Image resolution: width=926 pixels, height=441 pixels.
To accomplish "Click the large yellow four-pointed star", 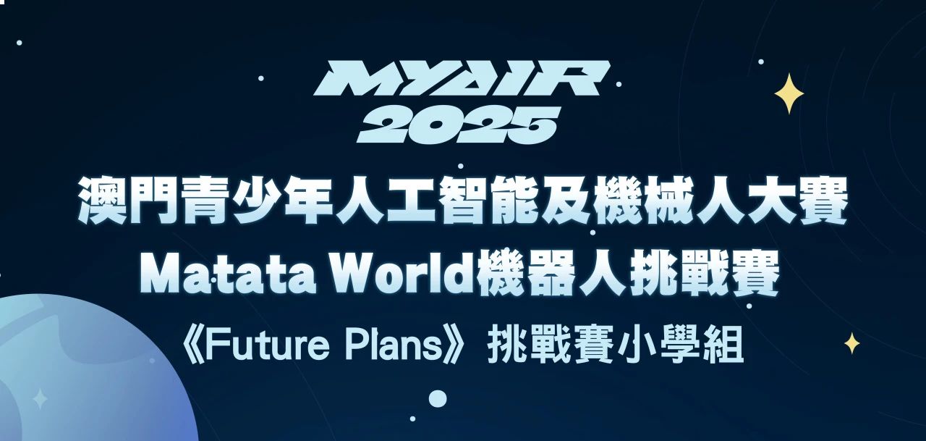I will click(789, 93).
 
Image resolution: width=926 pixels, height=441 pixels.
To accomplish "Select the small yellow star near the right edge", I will click(852, 343).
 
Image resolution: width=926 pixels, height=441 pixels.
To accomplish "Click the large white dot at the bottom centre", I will click(438, 398).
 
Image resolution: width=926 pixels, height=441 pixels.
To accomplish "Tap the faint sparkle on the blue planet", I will click(41, 398).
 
